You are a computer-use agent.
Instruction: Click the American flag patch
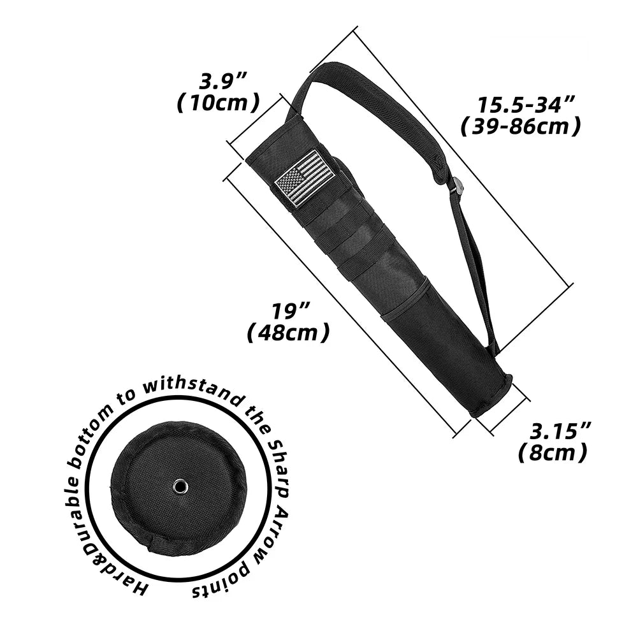[x=305, y=178]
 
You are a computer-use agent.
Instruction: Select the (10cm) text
[x=219, y=103]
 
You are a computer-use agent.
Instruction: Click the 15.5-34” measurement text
[x=526, y=105]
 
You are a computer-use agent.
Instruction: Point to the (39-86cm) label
[x=521, y=127]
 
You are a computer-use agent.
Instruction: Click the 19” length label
[x=291, y=311]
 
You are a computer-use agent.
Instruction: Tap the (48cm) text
[x=289, y=332]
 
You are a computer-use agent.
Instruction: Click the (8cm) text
[x=552, y=453]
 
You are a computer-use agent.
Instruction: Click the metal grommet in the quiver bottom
[x=180, y=487]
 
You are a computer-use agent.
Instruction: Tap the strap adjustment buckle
[x=457, y=187]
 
